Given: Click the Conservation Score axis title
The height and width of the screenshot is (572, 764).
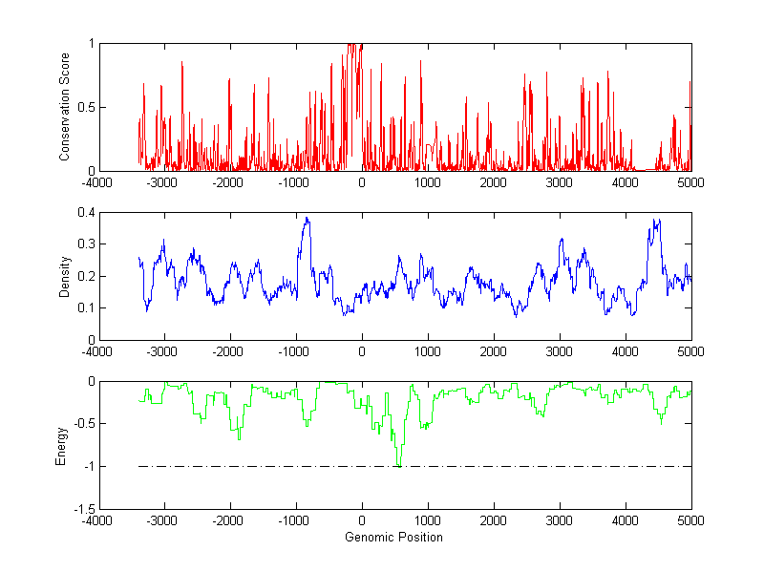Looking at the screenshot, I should (64, 107).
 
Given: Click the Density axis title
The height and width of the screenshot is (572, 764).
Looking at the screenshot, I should (64, 276).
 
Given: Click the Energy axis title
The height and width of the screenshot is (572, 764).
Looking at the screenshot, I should (61, 445).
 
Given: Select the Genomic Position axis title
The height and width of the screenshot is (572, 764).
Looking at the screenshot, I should (393, 537).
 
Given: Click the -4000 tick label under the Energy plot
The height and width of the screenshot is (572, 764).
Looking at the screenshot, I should (98, 520).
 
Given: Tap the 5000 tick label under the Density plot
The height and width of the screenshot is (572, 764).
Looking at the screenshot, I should (690, 351).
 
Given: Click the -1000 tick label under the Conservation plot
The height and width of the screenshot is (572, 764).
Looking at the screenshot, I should (295, 182).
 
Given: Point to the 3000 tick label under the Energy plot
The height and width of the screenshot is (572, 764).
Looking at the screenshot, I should (559, 520).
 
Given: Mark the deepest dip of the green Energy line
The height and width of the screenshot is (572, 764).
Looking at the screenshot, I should (398, 464).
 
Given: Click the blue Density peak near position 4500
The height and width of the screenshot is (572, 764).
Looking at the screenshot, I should (655, 221).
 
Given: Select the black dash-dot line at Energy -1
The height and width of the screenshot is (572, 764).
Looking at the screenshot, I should (535, 466).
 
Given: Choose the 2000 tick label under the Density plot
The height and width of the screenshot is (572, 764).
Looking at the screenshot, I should (493, 351).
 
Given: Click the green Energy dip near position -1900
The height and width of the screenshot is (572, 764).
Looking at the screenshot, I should (239, 438).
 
